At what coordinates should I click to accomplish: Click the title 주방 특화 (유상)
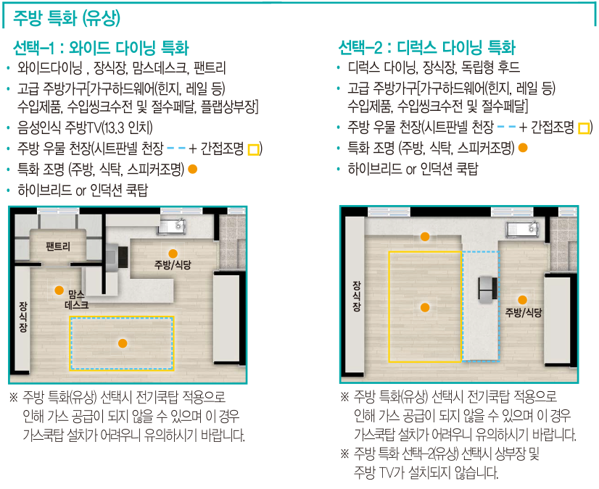tap(67, 17)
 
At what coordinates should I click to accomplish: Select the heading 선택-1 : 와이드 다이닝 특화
tap(101, 49)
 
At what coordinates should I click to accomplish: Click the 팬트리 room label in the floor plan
tap(57, 246)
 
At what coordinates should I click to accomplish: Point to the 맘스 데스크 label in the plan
tap(76, 299)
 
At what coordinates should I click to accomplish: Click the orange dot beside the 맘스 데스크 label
tap(59, 290)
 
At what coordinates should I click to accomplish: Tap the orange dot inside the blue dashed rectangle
tap(123, 343)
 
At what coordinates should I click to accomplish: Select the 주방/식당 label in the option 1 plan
tap(173, 265)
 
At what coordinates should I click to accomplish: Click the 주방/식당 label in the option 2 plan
tap(524, 312)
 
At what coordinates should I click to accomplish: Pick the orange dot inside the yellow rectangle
tap(425, 307)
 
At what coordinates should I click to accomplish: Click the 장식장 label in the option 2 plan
tap(355, 296)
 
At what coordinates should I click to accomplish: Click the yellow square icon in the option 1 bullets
tap(253, 150)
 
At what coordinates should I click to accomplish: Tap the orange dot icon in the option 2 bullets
tap(522, 148)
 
